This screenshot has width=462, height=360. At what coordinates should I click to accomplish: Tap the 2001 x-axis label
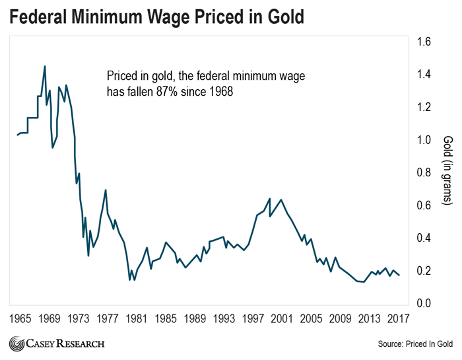coord(282,318)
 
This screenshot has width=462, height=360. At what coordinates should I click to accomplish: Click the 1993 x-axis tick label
coord(224,318)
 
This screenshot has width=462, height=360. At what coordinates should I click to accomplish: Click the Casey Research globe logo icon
coord(15,344)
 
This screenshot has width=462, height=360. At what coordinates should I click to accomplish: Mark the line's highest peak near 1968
coord(45,66)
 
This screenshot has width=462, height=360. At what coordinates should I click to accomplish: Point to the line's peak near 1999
coord(269,198)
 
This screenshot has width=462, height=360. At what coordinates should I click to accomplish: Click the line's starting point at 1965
coord(17,135)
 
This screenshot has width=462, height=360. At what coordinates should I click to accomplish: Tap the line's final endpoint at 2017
coord(399,275)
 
